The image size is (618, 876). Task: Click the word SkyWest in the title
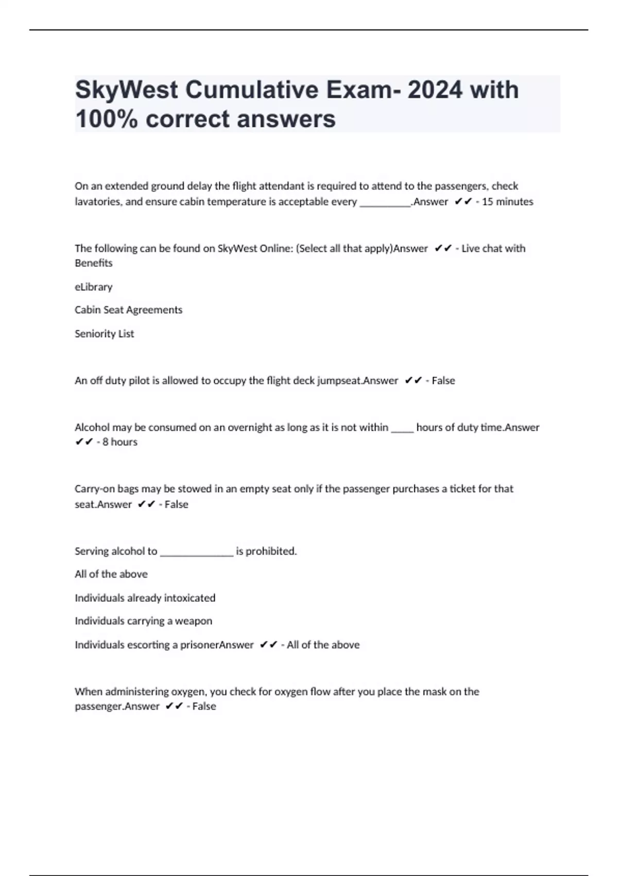[x=126, y=90]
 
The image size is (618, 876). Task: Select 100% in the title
[x=106, y=119]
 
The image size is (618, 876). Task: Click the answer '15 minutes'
[x=507, y=201]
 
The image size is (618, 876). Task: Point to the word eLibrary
[x=93, y=287]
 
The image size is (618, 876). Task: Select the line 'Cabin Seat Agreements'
[x=128, y=310]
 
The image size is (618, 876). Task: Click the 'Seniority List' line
[x=104, y=333]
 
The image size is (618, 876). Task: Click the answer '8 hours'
[x=119, y=442]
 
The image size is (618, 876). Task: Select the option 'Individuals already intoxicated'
[x=145, y=598]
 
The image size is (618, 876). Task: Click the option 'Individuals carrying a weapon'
[x=143, y=621]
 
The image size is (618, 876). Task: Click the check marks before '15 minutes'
[x=463, y=201]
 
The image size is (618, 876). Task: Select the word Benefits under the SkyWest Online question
[x=93, y=263]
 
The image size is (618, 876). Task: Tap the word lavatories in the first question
[x=97, y=201]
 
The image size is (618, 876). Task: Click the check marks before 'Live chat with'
[x=443, y=248]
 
